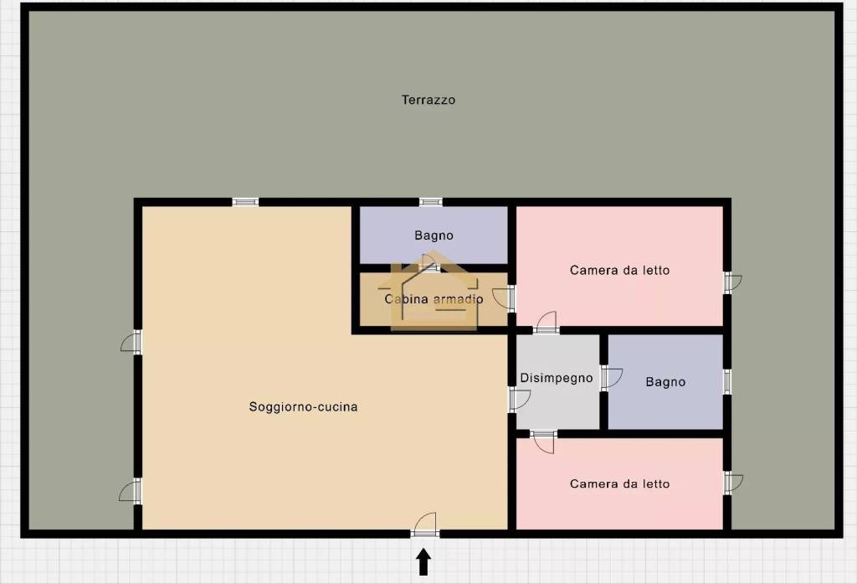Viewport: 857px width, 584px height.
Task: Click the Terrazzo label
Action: point(428,100)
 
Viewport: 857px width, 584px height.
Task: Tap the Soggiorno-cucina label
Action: point(303,407)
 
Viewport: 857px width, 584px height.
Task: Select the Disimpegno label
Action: point(556,378)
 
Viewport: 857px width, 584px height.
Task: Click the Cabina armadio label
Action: point(434,299)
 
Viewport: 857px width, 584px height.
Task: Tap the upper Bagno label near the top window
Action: point(434,235)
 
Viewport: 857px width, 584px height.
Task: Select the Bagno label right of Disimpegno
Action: point(665,382)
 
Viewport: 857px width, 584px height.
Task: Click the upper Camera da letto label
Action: point(619,271)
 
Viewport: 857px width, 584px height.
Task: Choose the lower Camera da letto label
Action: point(619,484)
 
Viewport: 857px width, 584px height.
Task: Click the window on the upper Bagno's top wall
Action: point(430,202)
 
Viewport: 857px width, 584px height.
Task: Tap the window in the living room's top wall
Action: point(245,202)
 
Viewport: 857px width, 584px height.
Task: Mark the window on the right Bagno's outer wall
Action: point(727,382)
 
